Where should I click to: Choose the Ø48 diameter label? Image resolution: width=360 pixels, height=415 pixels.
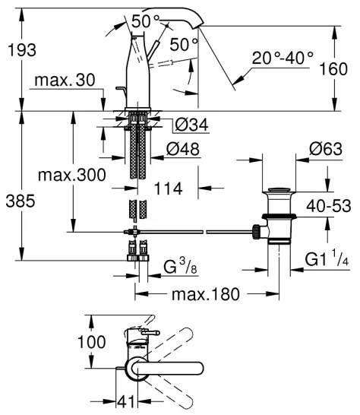tap(177, 150)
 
